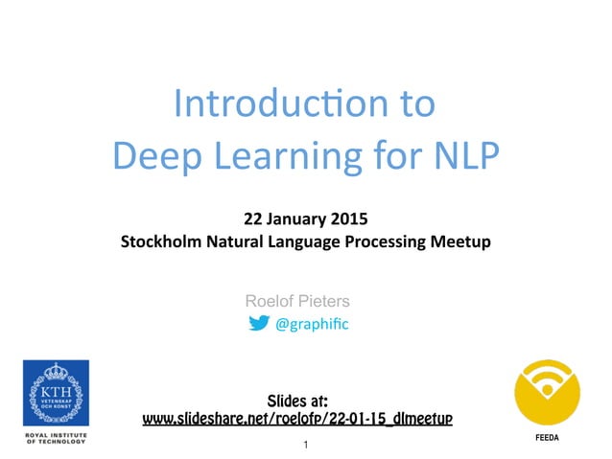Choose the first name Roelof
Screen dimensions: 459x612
(271, 301)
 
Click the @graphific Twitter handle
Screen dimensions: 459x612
(313, 325)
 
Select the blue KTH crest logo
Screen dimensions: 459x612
(57, 393)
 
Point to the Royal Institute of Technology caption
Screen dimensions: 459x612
(57, 439)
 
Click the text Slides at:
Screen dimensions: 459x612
(297, 399)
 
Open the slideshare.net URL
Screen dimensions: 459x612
(297, 419)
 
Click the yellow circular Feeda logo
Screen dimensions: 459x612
(547, 393)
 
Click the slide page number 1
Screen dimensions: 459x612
(305, 446)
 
